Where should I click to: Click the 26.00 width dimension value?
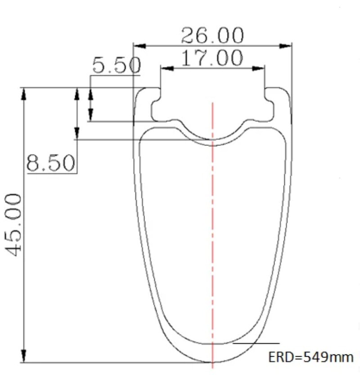(x=212, y=36)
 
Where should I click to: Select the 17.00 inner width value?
(x=212, y=58)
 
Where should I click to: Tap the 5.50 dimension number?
(x=116, y=65)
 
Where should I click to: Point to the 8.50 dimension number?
(x=50, y=163)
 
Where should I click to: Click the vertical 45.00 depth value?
(x=13, y=225)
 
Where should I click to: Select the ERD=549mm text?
(x=310, y=358)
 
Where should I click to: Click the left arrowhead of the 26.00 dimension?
(x=139, y=46)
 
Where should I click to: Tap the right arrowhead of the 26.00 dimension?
(x=285, y=46)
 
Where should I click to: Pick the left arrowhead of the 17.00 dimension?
(x=167, y=68)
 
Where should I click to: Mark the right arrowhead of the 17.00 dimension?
(x=258, y=68)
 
